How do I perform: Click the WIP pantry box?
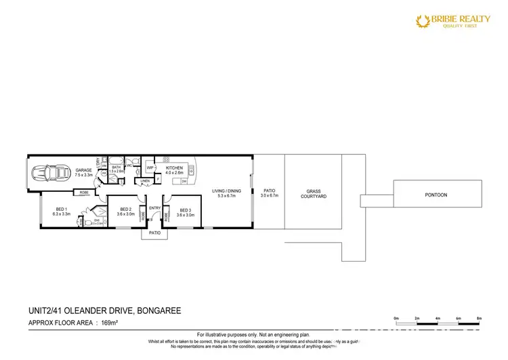[150, 167]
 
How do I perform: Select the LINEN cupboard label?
[145, 182]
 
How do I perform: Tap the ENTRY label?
[154, 208]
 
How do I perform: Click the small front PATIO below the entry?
[154, 233]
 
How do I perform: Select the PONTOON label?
[436, 195]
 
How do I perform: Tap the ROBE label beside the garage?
[84, 193]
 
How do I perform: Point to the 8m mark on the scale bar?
[480, 317]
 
